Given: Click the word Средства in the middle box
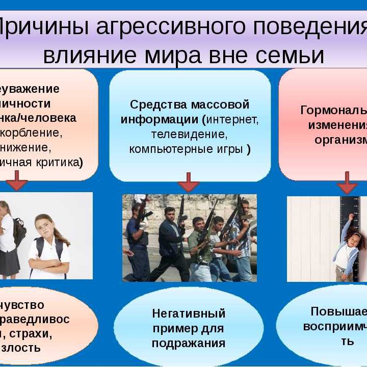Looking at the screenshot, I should click(x=154, y=105).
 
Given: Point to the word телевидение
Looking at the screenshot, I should click(x=189, y=135).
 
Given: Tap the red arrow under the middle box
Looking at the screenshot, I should click(x=189, y=182).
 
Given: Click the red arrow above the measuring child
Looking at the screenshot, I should click(x=348, y=182).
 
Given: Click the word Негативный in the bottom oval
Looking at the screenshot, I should click(x=189, y=313).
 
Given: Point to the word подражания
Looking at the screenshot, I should click(x=189, y=343).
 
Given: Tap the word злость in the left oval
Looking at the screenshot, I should click(x=25, y=348).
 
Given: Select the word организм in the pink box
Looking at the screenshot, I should click(x=340, y=140).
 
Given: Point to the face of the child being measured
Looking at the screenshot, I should click(x=355, y=240).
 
